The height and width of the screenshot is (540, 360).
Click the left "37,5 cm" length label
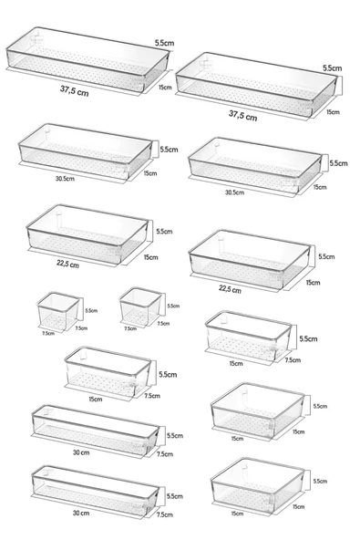75,90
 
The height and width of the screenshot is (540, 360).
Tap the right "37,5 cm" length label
243,115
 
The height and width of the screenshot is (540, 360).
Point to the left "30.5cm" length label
65,179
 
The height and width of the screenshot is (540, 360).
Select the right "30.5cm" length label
235,192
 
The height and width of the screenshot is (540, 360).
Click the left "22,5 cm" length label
67,264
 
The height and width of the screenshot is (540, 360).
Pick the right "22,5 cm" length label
230,289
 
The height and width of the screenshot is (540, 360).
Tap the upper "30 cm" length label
81,452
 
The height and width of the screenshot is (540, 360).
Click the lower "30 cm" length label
81,513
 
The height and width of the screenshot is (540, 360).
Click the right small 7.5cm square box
140,306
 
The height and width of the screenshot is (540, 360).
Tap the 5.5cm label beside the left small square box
91,311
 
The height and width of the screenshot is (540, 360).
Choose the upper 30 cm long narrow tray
96,430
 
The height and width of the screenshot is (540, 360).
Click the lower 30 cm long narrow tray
96,491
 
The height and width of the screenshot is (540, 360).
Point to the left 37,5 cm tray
87,59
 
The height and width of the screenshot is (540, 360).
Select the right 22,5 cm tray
250,259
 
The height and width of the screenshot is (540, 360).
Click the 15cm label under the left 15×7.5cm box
96,400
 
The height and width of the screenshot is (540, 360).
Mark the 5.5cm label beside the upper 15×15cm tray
320,406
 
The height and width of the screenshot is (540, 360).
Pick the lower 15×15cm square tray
257,485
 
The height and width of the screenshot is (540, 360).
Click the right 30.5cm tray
255,165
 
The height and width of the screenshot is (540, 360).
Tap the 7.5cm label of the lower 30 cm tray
165,514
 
